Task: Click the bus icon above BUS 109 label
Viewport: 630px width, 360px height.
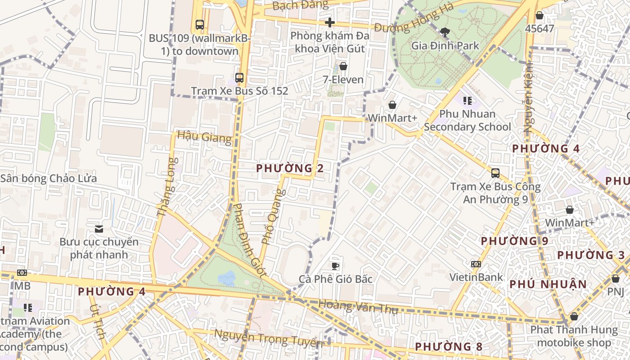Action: [x=199, y=25]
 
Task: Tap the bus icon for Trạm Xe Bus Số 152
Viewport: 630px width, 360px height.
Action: [x=239, y=78]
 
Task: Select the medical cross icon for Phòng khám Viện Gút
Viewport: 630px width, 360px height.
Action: [x=330, y=22]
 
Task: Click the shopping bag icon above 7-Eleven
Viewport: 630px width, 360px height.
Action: [x=343, y=67]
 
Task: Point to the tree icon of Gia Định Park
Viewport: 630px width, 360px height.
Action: [x=445, y=32]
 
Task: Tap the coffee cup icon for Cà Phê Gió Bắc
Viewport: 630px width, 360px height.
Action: [x=335, y=266]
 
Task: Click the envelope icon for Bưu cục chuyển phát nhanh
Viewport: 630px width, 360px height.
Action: [x=99, y=229]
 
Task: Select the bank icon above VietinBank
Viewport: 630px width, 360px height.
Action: [x=476, y=264]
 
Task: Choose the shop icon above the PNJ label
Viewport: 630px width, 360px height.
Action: [x=615, y=279]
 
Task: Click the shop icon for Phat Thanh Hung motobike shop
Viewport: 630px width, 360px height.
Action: [x=574, y=317]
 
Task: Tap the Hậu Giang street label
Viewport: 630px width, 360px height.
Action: [x=204, y=136]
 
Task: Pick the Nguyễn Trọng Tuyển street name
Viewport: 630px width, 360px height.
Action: [x=268, y=338]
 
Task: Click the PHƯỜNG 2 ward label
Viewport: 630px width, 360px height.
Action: [x=290, y=168]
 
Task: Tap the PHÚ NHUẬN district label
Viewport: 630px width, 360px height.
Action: [x=548, y=284]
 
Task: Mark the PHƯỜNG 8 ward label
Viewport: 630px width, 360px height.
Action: [x=448, y=347]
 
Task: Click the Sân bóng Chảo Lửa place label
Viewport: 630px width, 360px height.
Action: [x=49, y=179]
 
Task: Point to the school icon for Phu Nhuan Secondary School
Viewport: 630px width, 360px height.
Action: [x=467, y=101]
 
